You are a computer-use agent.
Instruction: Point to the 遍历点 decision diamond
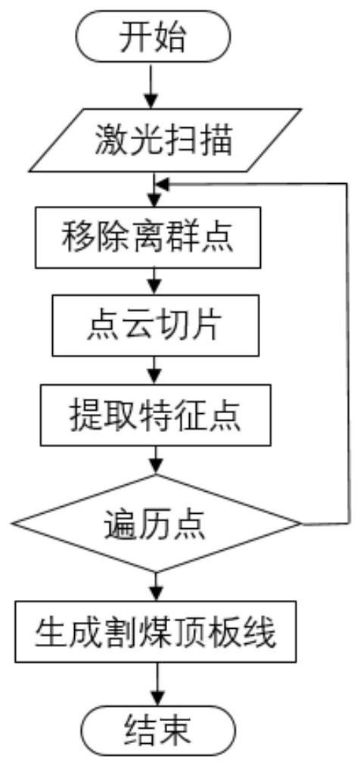tap(156, 523)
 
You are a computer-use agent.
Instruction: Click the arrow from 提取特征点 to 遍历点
tap(156, 460)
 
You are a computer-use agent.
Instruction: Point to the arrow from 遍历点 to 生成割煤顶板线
tap(156, 586)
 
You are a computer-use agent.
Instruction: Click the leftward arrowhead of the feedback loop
tap(162, 184)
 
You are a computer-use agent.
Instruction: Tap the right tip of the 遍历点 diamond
tap(301, 524)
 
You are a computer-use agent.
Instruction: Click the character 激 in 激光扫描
tap(108, 141)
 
